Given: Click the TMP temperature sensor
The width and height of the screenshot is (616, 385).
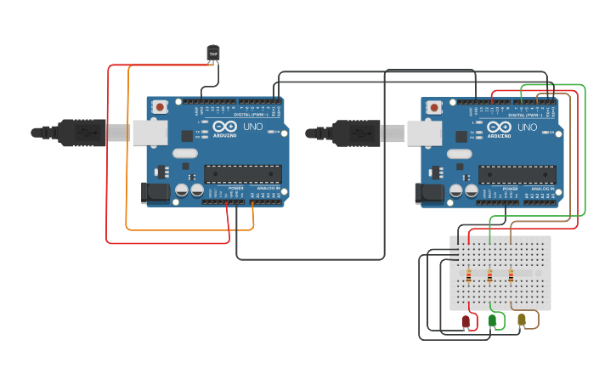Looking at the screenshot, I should (213, 53).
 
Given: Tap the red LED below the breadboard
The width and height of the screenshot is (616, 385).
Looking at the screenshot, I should (466, 322).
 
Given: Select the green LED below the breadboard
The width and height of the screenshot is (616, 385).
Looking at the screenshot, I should (493, 320).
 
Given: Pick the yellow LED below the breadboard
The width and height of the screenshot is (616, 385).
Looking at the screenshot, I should (522, 320).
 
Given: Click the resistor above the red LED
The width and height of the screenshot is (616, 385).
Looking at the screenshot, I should (469, 275).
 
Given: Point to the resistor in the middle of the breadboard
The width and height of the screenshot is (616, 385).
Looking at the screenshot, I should (490, 275).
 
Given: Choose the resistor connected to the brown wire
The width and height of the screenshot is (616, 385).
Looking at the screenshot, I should (511, 275).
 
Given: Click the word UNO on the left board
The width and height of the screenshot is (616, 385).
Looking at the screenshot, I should (253, 127).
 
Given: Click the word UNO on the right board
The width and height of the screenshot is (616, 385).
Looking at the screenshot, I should (528, 127).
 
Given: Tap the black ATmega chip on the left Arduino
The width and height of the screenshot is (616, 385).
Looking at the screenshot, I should (243, 174).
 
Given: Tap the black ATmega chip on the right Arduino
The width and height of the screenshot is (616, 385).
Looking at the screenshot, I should (517, 174).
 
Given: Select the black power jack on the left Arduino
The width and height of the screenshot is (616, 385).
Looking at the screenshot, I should (155, 192).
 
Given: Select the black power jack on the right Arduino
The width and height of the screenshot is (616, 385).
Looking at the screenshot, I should (430, 192).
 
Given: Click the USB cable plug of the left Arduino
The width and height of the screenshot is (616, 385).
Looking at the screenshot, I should (85, 133).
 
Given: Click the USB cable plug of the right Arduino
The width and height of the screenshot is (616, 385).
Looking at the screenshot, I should (359, 133).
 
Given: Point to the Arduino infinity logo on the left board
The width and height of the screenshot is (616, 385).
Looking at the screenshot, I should (224, 126).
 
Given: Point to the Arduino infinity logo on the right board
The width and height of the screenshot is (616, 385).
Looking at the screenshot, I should (499, 126).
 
